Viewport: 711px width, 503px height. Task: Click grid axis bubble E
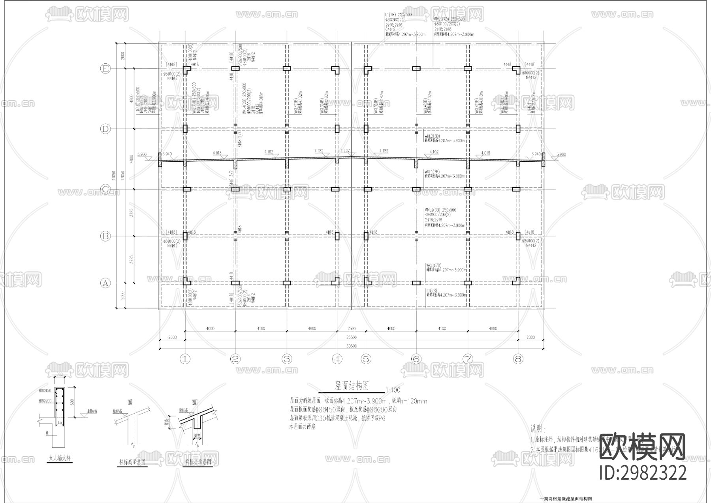click(x=105, y=69)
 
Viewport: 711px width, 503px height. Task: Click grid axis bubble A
click(x=105, y=283)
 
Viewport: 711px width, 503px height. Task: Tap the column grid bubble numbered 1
click(x=185, y=359)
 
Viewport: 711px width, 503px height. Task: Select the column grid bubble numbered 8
click(x=518, y=359)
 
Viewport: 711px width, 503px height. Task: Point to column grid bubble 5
click(x=366, y=359)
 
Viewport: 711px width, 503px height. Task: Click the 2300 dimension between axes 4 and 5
click(x=351, y=329)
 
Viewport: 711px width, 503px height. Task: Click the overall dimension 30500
click(x=351, y=346)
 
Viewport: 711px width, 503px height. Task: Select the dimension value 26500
click(x=351, y=337)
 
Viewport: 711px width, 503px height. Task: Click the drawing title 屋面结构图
click(x=352, y=385)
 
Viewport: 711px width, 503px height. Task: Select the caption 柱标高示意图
click(x=132, y=461)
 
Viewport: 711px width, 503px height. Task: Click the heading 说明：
click(x=538, y=429)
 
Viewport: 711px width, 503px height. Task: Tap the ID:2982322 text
click(x=643, y=473)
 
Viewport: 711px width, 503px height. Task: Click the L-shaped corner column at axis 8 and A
click(x=517, y=282)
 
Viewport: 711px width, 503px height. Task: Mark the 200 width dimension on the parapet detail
click(x=60, y=374)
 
